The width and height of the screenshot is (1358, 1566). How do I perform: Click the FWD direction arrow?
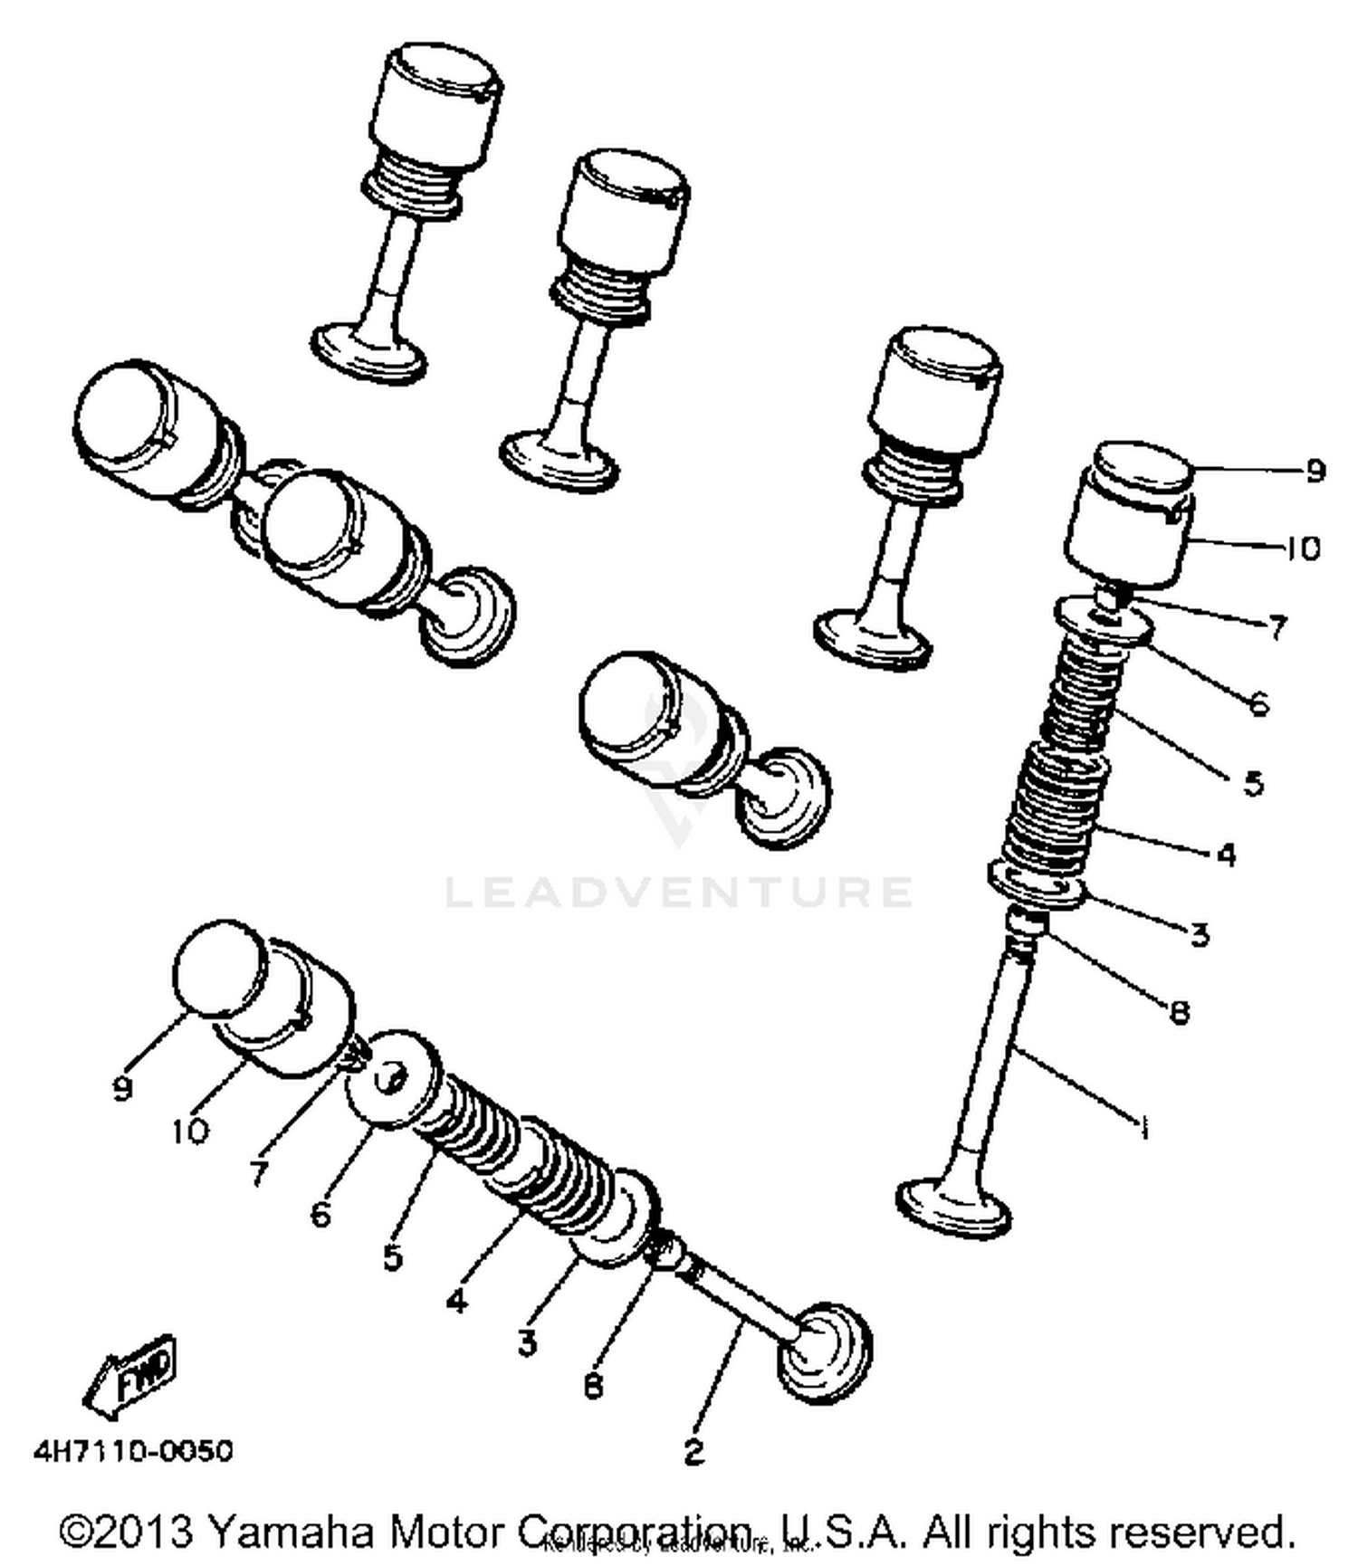[131, 1377]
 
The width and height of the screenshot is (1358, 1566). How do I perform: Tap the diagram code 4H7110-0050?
[133, 1451]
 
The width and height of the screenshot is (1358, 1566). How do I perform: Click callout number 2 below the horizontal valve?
[693, 1453]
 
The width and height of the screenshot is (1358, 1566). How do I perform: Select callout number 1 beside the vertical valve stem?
[1144, 1128]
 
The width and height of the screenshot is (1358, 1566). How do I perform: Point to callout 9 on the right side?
[1315, 471]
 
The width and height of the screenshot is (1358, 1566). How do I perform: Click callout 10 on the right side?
[1304, 549]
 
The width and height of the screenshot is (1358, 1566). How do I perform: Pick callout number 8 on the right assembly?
[1180, 1012]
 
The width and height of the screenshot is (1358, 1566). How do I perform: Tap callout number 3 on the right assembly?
[1200, 934]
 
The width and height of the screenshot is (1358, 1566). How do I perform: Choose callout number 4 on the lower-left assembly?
[457, 1301]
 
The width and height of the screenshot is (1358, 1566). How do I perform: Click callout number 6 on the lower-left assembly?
[320, 1214]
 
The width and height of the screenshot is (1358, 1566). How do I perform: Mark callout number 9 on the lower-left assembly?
[123, 1088]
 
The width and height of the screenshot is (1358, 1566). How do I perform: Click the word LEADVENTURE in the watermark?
[679, 892]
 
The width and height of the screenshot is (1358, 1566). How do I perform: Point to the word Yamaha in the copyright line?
[290, 1532]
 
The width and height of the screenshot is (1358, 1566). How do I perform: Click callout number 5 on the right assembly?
[1253, 783]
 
